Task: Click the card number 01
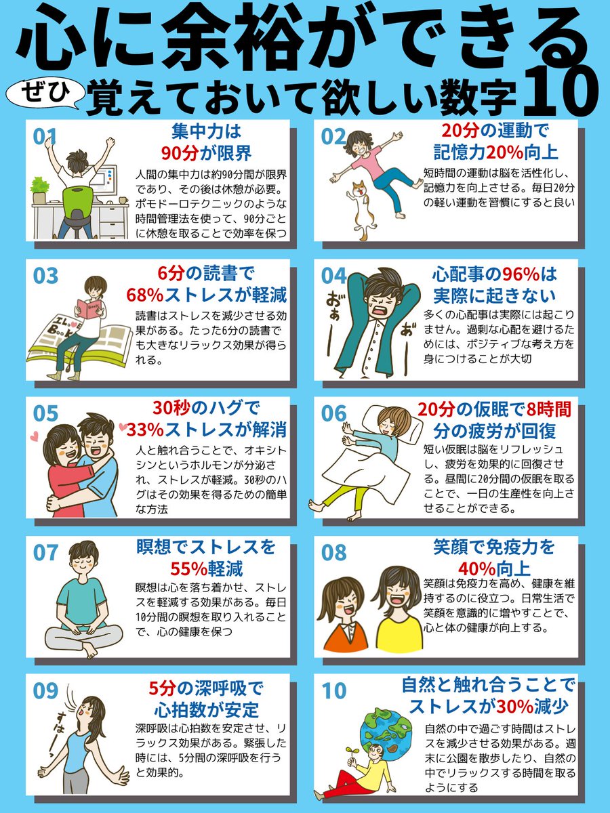click(45, 135)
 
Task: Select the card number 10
click(334, 690)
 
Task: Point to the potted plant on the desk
click(39, 189)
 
